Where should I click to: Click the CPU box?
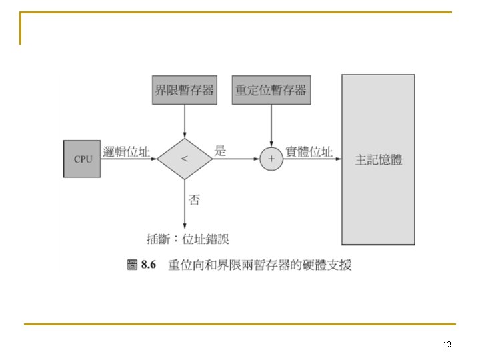click(x=83, y=159)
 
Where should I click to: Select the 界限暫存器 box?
click(x=185, y=90)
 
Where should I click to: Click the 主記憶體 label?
click(x=379, y=159)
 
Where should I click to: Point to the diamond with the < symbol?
click(x=185, y=159)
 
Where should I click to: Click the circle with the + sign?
click(x=271, y=159)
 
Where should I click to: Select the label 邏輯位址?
click(x=127, y=151)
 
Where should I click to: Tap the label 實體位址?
click(x=309, y=151)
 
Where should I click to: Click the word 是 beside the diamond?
click(x=220, y=151)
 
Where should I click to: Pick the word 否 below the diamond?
click(x=194, y=199)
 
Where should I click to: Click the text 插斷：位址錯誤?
click(x=187, y=239)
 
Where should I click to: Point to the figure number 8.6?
click(x=147, y=265)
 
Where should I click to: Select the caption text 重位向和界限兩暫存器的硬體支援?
click(x=260, y=265)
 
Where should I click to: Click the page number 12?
click(x=447, y=345)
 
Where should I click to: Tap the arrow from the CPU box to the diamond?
click(x=129, y=159)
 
